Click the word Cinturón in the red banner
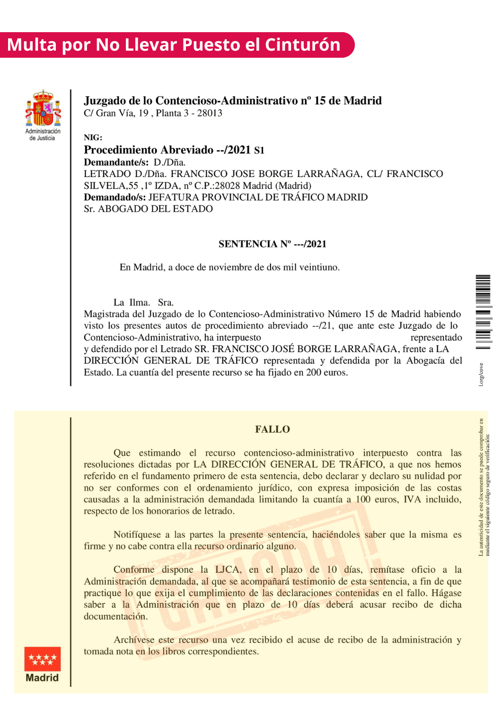(302, 45)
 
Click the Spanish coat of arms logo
(43, 108)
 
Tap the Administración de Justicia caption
(43, 135)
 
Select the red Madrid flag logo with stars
(43, 659)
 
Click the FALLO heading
(273, 429)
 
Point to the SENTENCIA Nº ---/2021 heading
(273, 244)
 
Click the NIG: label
(93, 138)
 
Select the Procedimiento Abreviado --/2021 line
(174, 150)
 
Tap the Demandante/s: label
(116, 162)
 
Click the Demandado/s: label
(115, 197)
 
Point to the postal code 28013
(210, 113)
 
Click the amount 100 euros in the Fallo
(377, 499)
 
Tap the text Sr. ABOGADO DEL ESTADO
(148, 209)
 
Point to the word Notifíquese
(137, 535)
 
